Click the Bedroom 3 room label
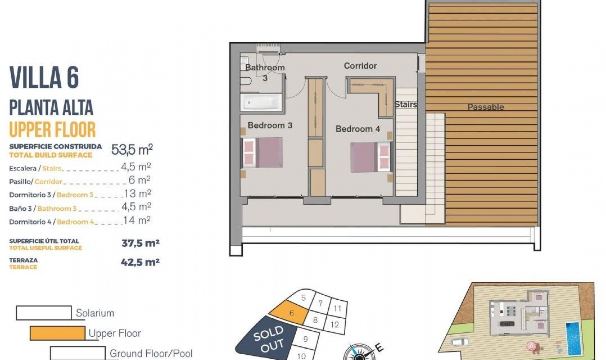click(x=270, y=125)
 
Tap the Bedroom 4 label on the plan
click(x=358, y=129)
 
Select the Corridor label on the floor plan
click(x=360, y=66)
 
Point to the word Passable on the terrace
click(x=485, y=107)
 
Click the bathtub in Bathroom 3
click(x=261, y=102)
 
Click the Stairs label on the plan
click(x=406, y=104)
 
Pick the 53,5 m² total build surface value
click(x=132, y=149)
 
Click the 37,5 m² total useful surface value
click(x=140, y=243)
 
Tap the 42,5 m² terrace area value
click(x=140, y=262)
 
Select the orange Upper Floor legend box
click(x=57, y=333)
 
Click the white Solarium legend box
click(x=44, y=313)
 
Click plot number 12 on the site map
click(x=335, y=324)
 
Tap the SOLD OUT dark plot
click(x=268, y=339)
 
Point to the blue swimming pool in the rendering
click(x=573, y=338)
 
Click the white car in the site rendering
click(x=460, y=342)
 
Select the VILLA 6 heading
click(x=44, y=78)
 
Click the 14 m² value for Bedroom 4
click(x=137, y=220)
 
